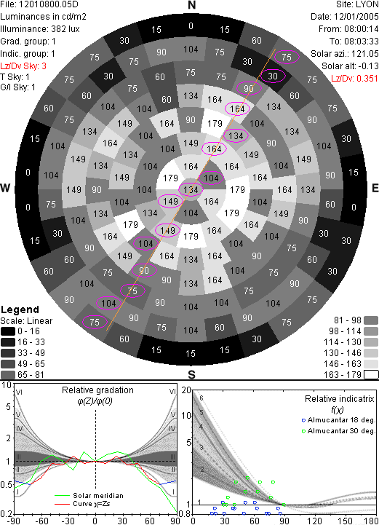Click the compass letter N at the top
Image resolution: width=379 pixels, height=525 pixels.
point(191,5)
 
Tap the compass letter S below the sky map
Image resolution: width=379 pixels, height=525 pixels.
point(191,374)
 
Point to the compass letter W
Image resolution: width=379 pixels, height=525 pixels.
point(5,188)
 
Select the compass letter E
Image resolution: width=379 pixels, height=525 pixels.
point(375,188)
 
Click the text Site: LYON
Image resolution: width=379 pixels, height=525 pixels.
point(357,4)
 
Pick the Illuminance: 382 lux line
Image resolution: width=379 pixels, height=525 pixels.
point(40,29)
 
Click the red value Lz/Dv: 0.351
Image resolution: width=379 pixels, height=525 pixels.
point(354,79)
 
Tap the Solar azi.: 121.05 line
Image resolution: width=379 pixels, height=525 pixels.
point(345,54)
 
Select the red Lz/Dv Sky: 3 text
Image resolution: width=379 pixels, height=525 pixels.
point(23,66)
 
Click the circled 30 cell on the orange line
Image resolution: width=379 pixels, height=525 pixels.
point(273,76)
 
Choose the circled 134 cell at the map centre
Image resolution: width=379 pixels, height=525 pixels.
point(191,190)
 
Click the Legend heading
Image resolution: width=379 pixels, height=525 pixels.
point(20,309)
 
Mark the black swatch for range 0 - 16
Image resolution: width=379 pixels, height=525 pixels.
point(8,331)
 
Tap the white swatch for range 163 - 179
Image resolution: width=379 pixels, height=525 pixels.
point(371,375)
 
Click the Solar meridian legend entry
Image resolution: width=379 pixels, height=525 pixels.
point(89,496)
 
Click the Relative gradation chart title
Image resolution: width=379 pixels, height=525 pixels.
point(97,390)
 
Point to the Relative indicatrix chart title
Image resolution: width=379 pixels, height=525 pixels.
point(340,399)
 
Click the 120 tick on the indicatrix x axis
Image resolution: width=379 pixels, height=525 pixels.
point(314,521)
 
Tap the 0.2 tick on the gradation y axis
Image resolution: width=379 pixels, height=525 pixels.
point(7,514)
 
